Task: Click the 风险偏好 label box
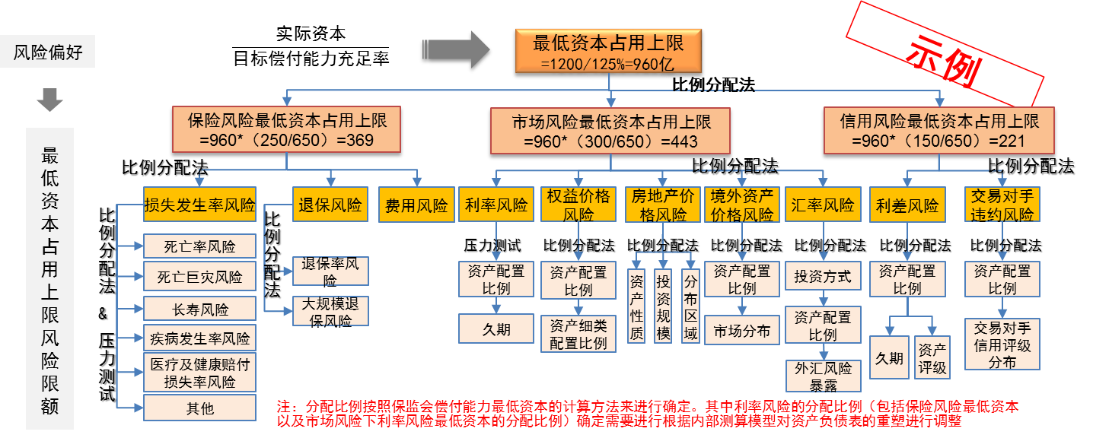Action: (x=48, y=53)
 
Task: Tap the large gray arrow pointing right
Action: (x=466, y=49)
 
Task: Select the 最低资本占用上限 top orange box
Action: (x=608, y=52)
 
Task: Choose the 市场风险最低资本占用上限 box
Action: (x=610, y=131)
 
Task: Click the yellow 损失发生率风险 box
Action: (x=200, y=205)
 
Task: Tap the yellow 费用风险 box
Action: (x=416, y=205)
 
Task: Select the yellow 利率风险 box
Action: (x=496, y=205)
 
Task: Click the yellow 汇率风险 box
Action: (x=822, y=205)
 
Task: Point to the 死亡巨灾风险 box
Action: (x=200, y=277)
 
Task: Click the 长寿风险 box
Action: (x=200, y=309)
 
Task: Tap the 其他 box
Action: (x=200, y=408)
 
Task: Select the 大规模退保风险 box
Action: (x=330, y=311)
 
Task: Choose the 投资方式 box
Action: (x=822, y=276)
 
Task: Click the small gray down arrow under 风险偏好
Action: (x=49, y=100)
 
